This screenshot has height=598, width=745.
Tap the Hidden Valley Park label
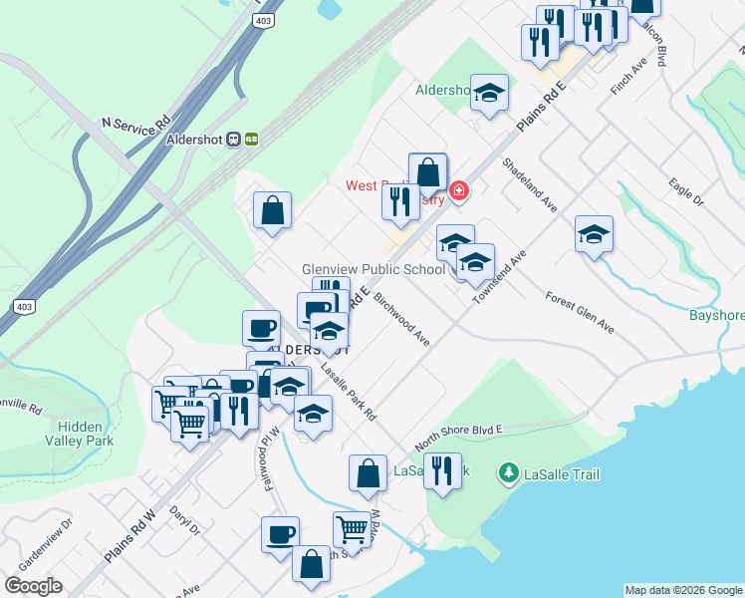pyautogui.click(x=79, y=433)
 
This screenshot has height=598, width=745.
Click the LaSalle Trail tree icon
pyautogui.click(x=509, y=473)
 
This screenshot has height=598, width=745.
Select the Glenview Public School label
pyautogui.click(x=373, y=269)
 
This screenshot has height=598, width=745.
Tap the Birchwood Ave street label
pyautogui.click(x=402, y=320)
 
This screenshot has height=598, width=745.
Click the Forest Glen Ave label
pyautogui.click(x=580, y=313)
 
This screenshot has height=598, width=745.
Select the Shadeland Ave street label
pyautogui.click(x=529, y=184)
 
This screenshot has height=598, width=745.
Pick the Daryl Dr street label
pyautogui.click(x=185, y=519)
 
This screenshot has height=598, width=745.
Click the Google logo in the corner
pyautogui.click(x=33, y=586)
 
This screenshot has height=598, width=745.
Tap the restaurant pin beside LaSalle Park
pyautogui.click(x=442, y=470)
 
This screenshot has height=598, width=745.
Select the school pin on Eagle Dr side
pyautogui.click(x=594, y=235)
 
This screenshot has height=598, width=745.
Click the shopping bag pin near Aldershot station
pyautogui.click(x=272, y=211)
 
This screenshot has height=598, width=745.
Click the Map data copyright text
pyautogui.click(x=682, y=590)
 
